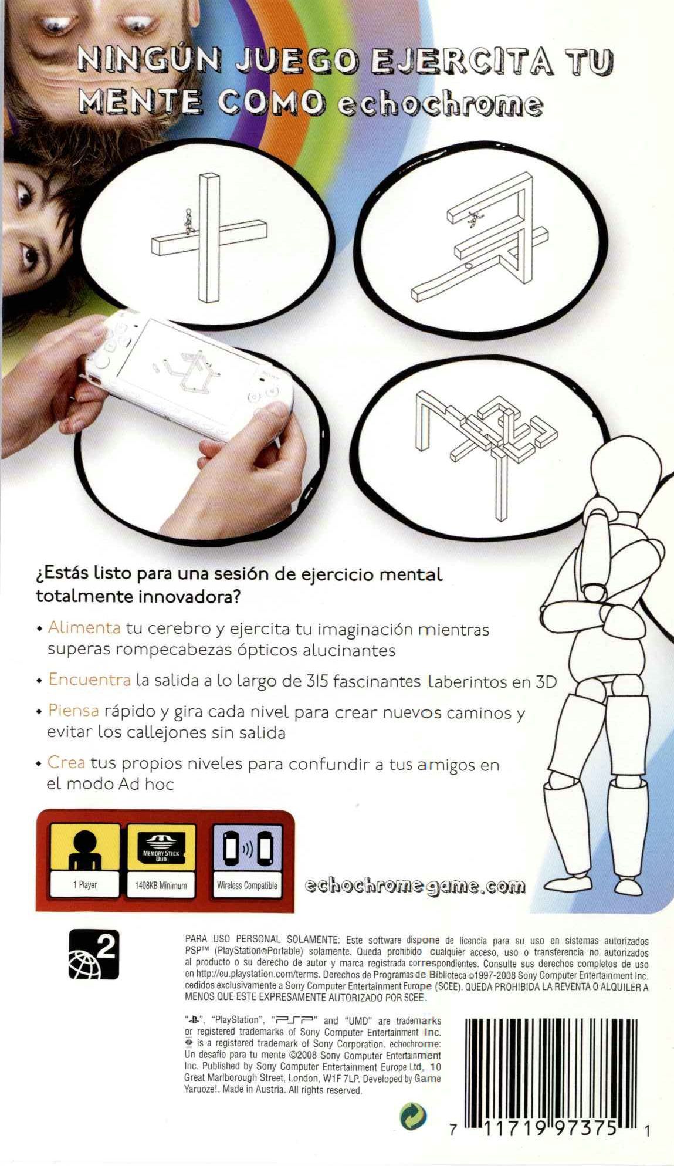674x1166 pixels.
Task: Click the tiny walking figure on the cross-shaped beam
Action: point(188,224)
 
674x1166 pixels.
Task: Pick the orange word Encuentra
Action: point(89,680)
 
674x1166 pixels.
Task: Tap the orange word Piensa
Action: point(73,711)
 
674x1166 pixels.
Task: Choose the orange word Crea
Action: point(66,763)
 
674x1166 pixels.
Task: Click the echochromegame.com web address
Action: point(415,886)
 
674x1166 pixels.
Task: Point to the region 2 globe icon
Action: point(94,955)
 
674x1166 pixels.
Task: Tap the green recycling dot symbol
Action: point(413,1116)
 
